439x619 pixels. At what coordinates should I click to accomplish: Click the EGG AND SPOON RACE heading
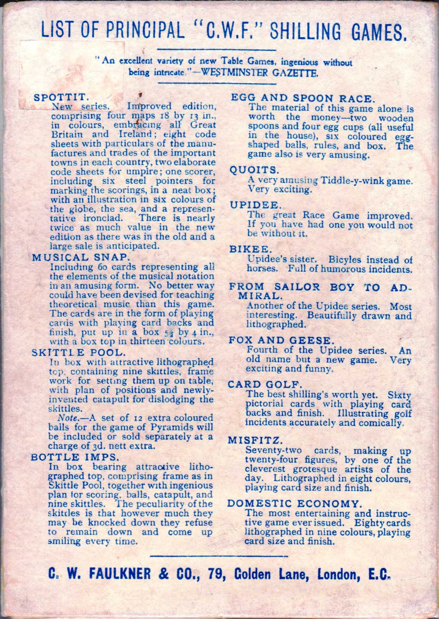tap(303, 98)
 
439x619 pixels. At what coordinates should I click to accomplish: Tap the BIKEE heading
tap(246, 250)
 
